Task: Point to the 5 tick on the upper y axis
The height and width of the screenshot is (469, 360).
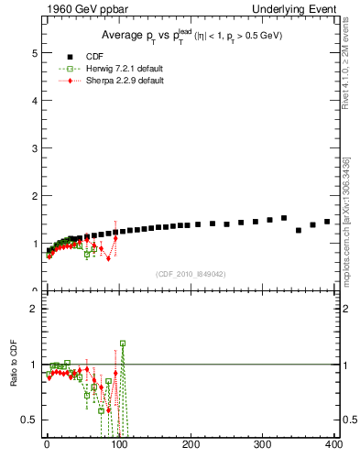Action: click(34, 53)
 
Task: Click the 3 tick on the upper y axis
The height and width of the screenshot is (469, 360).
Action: click(34, 148)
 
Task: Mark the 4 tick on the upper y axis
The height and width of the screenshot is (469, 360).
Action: click(34, 101)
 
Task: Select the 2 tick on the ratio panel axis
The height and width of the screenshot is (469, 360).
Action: click(34, 309)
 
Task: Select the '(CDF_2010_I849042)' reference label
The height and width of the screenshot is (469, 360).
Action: click(191, 273)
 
